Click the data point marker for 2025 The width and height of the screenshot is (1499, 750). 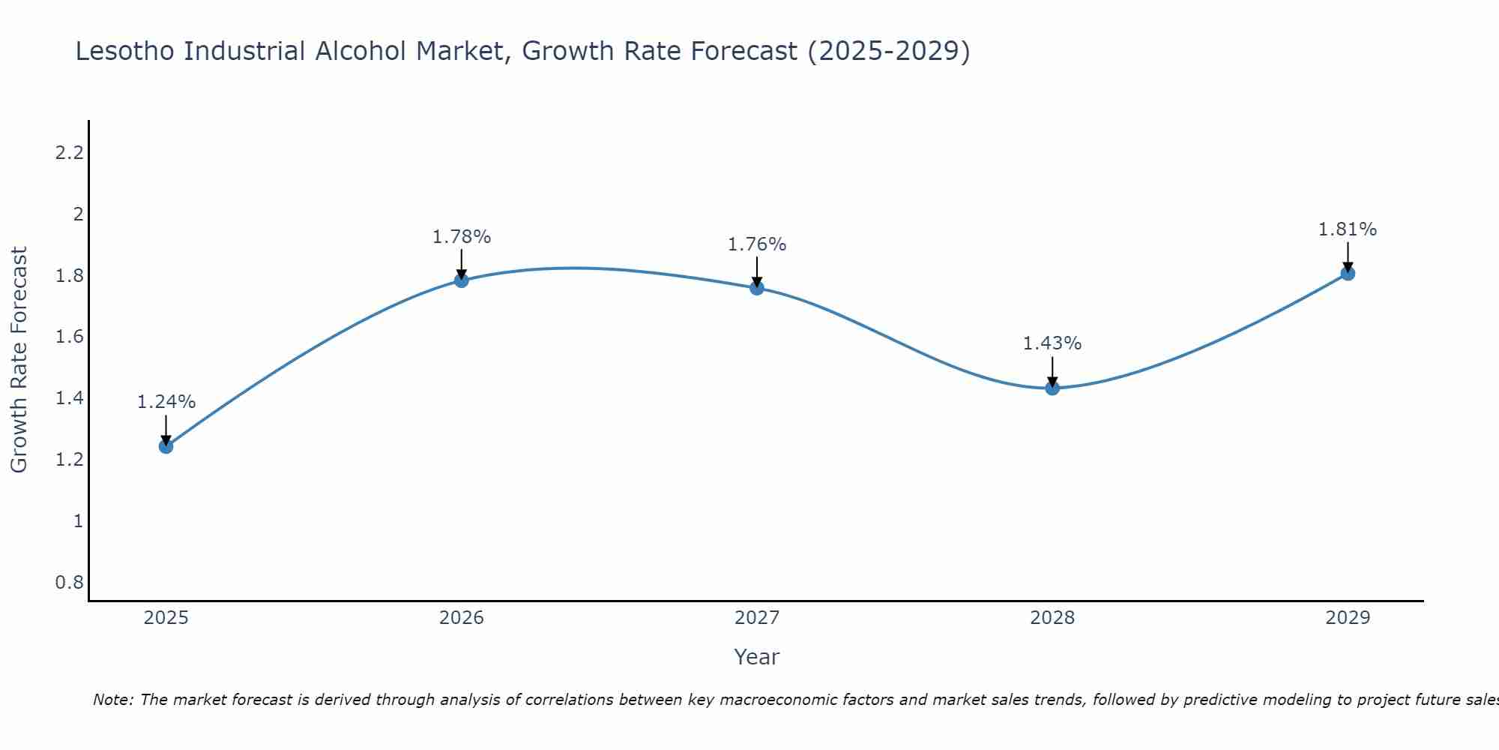(x=166, y=446)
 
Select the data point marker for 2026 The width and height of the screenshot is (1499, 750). (x=462, y=280)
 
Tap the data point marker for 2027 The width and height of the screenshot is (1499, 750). (x=757, y=287)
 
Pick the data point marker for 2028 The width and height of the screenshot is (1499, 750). (x=1052, y=388)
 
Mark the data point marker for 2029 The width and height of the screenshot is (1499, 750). (x=1348, y=273)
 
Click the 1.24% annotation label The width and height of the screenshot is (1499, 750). (x=166, y=402)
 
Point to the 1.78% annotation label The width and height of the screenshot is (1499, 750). (x=462, y=237)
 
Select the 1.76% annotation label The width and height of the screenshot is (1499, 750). (x=757, y=244)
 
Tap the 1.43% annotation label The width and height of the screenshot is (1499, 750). (x=1052, y=343)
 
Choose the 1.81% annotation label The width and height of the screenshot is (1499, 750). (x=1348, y=229)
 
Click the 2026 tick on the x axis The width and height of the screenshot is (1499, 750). (x=462, y=618)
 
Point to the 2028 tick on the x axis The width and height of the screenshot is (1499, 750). (x=1052, y=618)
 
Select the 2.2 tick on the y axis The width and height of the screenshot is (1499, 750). (x=69, y=153)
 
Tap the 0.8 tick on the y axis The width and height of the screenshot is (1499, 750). (x=69, y=583)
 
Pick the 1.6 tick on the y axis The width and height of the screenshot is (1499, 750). (x=69, y=337)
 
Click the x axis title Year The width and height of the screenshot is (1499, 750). (x=757, y=657)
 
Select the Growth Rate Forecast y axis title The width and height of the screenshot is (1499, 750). (x=19, y=360)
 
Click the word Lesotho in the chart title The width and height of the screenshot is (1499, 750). (x=126, y=51)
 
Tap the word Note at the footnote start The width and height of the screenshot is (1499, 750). (x=112, y=700)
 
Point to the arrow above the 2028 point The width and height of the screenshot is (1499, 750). (x=1052, y=371)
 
